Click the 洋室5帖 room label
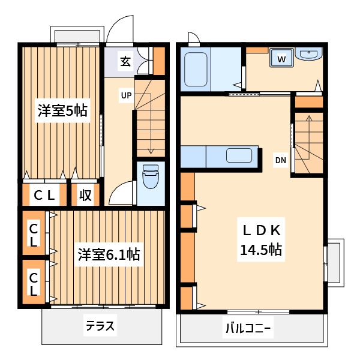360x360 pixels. [x=62, y=110]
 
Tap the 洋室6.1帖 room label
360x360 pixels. [x=109, y=254]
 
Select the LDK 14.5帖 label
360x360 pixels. [x=262, y=240]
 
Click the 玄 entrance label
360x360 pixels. [x=125, y=61]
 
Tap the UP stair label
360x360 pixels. [x=126, y=95]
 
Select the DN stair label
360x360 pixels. [x=280, y=160]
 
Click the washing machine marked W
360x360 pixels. [x=282, y=58]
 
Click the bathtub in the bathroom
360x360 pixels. [x=195, y=70]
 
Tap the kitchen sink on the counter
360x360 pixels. [x=239, y=156]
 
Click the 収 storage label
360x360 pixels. [x=86, y=195]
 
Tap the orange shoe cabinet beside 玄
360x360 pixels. [x=159, y=60]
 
